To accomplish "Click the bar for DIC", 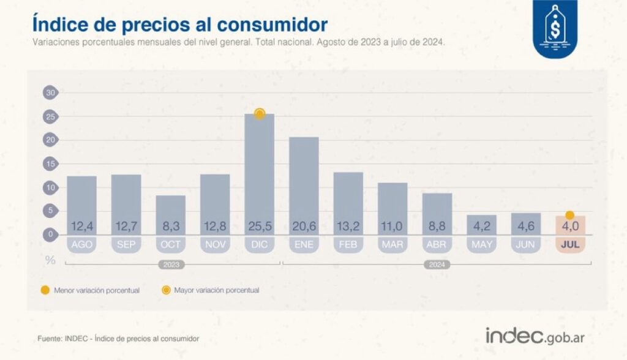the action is (x=260, y=174).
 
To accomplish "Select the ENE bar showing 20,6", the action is (x=304, y=186).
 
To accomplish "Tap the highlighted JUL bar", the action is (x=570, y=225).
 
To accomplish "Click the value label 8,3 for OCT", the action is (x=171, y=227).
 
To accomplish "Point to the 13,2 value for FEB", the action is (x=348, y=227).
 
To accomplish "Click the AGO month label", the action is (x=81, y=244).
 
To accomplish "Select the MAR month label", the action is (x=392, y=244).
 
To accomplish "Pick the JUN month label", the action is (x=525, y=244).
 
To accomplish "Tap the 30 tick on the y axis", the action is (x=50, y=93).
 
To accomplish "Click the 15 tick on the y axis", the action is (x=50, y=163).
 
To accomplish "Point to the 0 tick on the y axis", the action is (x=50, y=234).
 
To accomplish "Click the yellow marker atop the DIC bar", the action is (x=260, y=114).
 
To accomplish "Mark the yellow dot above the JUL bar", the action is (x=570, y=216).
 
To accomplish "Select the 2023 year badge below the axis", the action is (x=171, y=265).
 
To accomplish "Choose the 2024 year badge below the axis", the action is (x=437, y=265).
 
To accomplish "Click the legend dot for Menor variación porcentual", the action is (x=45, y=290).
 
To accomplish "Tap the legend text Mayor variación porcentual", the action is (x=217, y=290).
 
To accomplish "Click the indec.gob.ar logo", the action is (x=535, y=336).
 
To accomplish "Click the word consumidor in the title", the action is (x=272, y=25).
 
